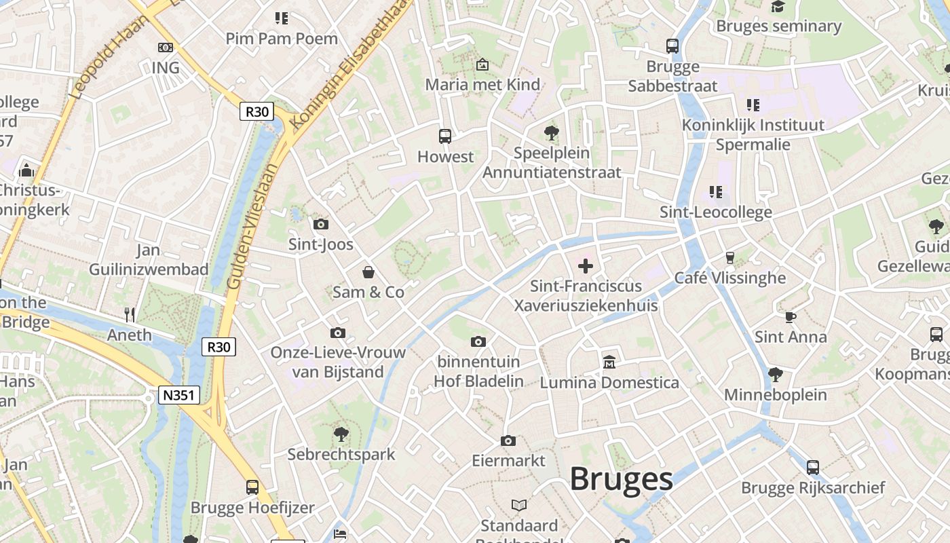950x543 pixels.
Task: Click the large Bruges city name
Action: [x=621, y=479]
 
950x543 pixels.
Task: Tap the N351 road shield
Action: [x=180, y=396]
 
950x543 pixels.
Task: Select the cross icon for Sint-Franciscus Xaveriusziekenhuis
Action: [x=585, y=266]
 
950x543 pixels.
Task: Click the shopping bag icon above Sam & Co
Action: [x=368, y=272]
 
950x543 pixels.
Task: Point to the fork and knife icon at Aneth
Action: [x=130, y=314]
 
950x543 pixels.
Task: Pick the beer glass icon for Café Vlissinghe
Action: [x=730, y=257]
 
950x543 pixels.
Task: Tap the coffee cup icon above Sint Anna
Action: [x=790, y=316]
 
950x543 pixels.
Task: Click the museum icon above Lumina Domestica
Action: [x=609, y=362]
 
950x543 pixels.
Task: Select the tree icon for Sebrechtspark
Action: [x=341, y=433]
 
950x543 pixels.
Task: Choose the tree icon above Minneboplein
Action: [x=775, y=374]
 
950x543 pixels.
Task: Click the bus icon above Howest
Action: [x=445, y=136]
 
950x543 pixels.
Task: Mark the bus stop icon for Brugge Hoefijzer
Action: [x=252, y=487]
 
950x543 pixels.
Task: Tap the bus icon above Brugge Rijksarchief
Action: [x=813, y=467]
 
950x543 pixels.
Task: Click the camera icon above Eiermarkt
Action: [x=508, y=441]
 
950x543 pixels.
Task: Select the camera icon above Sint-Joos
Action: [x=321, y=224]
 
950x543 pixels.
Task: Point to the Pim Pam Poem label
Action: [x=282, y=39]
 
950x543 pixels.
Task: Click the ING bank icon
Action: [x=165, y=48]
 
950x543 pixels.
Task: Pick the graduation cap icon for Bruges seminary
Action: [x=778, y=7]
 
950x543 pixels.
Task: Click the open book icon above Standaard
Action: [x=519, y=505]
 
